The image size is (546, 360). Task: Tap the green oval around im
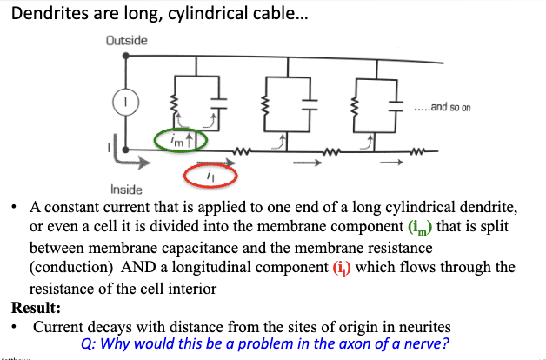tap(180, 138)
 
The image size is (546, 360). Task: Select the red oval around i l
tap(209, 176)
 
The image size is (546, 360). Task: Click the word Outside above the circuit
tap(126, 41)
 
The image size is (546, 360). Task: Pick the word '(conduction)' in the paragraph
tap(72, 267)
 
